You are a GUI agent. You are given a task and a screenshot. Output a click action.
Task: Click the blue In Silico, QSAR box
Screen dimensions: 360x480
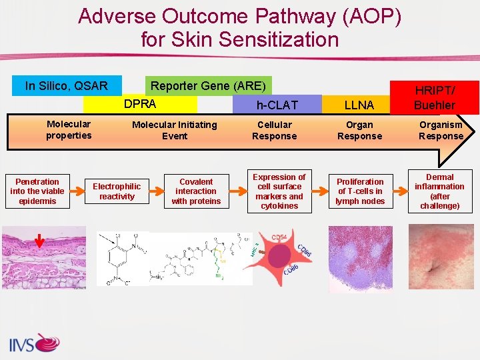click(x=67, y=85)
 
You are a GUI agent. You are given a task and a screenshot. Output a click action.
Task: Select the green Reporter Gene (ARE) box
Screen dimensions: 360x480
click(x=208, y=85)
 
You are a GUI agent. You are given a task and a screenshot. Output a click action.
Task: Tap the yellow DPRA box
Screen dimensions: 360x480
click(x=140, y=104)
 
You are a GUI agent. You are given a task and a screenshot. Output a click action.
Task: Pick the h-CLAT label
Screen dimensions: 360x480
click(x=277, y=105)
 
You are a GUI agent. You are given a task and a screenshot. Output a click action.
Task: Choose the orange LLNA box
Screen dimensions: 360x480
click(x=359, y=105)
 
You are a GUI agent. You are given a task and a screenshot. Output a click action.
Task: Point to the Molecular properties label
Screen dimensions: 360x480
click(x=69, y=130)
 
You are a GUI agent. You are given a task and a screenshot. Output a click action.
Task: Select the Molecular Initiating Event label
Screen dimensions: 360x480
click(x=174, y=130)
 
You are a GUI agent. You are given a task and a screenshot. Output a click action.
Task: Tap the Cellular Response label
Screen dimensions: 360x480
click(x=274, y=130)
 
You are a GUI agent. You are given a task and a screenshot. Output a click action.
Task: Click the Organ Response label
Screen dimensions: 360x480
click(x=359, y=130)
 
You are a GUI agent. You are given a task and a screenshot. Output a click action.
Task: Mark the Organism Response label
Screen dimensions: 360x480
click(x=441, y=130)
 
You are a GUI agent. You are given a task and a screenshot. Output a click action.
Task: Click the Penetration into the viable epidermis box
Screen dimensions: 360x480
click(x=37, y=191)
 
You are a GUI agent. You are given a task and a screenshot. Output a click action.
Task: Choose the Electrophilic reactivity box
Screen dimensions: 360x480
click(x=117, y=191)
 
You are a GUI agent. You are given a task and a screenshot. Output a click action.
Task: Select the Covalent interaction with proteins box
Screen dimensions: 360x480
click(x=196, y=191)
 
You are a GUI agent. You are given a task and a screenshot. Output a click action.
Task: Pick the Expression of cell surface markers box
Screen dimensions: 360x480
click(x=279, y=191)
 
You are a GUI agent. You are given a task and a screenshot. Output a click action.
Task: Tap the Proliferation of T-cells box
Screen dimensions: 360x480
click(x=360, y=191)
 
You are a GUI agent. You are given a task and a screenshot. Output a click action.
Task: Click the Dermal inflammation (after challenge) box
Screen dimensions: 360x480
click(x=440, y=191)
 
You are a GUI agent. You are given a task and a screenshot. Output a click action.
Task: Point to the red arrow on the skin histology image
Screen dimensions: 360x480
click(x=39, y=240)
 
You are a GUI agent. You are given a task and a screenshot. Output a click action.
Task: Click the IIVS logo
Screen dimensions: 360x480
click(x=34, y=343)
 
